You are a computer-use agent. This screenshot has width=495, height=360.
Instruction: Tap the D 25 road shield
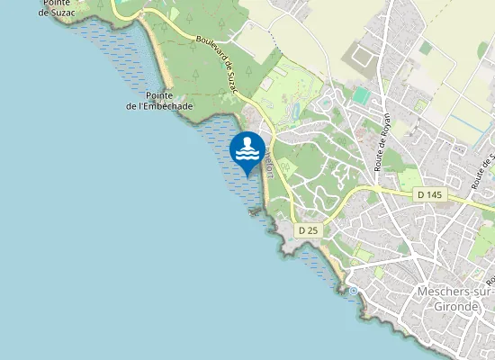307,230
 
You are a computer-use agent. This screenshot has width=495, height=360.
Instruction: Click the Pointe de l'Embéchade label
158,100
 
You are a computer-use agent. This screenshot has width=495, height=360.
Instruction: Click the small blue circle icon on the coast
354,292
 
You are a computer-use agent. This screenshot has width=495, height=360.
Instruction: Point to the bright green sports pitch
361,95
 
